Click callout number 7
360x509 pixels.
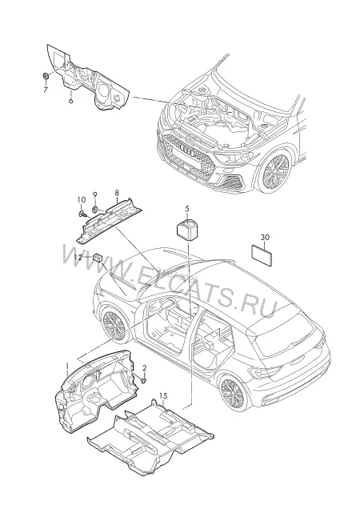[46, 90]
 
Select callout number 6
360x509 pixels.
[70, 100]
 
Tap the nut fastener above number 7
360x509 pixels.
[46, 76]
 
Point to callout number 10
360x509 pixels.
[82, 199]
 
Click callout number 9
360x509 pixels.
[95, 194]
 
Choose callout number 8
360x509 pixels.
[117, 193]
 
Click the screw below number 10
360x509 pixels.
[82, 213]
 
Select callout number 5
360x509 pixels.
[187, 209]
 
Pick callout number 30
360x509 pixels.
[266, 238]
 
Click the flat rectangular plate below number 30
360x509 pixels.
[262, 256]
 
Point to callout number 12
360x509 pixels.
[78, 257]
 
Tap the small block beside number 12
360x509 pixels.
[98, 258]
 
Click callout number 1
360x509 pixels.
[67, 367]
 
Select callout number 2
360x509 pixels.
[145, 368]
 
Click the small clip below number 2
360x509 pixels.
[145, 380]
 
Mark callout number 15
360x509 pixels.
[163, 395]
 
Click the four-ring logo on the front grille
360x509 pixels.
[187, 151]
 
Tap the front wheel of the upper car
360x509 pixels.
[275, 170]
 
